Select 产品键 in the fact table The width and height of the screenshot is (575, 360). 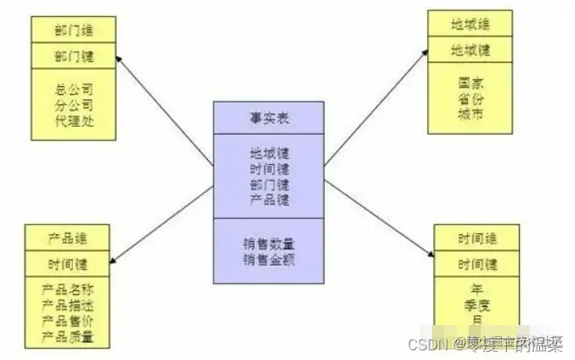point(267,199)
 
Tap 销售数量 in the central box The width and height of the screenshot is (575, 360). point(267,244)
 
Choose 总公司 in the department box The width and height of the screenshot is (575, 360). point(74,89)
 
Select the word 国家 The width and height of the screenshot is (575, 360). point(470,84)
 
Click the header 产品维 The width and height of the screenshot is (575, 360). point(67,240)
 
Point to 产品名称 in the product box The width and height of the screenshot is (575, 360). point(67,290)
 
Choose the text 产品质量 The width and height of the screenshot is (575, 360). point(67,336)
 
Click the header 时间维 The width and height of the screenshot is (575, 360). point(477,239)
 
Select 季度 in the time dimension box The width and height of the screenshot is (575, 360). point(477,304)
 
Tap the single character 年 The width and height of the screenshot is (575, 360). point(477,288)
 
